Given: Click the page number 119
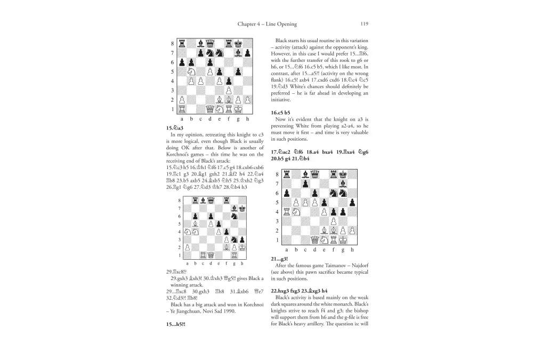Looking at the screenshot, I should click(365, 23).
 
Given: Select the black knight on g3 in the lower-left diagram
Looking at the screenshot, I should click(234, 239).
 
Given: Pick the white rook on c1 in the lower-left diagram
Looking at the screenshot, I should click(204, 255).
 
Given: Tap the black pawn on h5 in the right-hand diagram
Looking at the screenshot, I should click(352, 203).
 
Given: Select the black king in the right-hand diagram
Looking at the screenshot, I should click(343, 174).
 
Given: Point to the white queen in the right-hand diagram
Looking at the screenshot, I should click(314, 240).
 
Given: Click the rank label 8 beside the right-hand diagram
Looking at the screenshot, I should click(277, 174).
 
